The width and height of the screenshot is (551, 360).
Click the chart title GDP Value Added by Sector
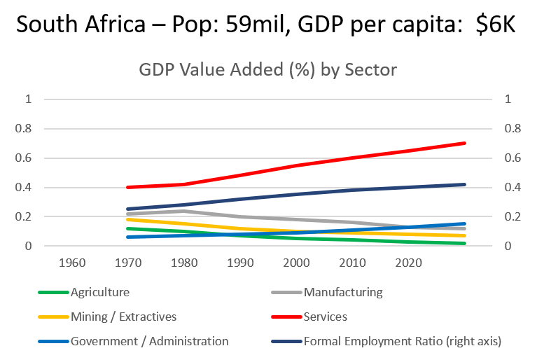click(268, 71)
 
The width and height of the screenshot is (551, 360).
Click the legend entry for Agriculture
click(99, 292)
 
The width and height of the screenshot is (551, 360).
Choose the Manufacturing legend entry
click(343, 292)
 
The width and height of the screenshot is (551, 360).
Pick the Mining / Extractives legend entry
click(123, 317)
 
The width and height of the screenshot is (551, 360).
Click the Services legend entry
click(325, 317)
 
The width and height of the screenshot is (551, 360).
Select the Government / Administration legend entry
click(149, 341)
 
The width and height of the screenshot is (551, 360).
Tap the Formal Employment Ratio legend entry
click(403, 341)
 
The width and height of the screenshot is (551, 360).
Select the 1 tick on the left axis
click(29, 99)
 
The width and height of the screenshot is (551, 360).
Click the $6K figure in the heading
click(497, 26)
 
